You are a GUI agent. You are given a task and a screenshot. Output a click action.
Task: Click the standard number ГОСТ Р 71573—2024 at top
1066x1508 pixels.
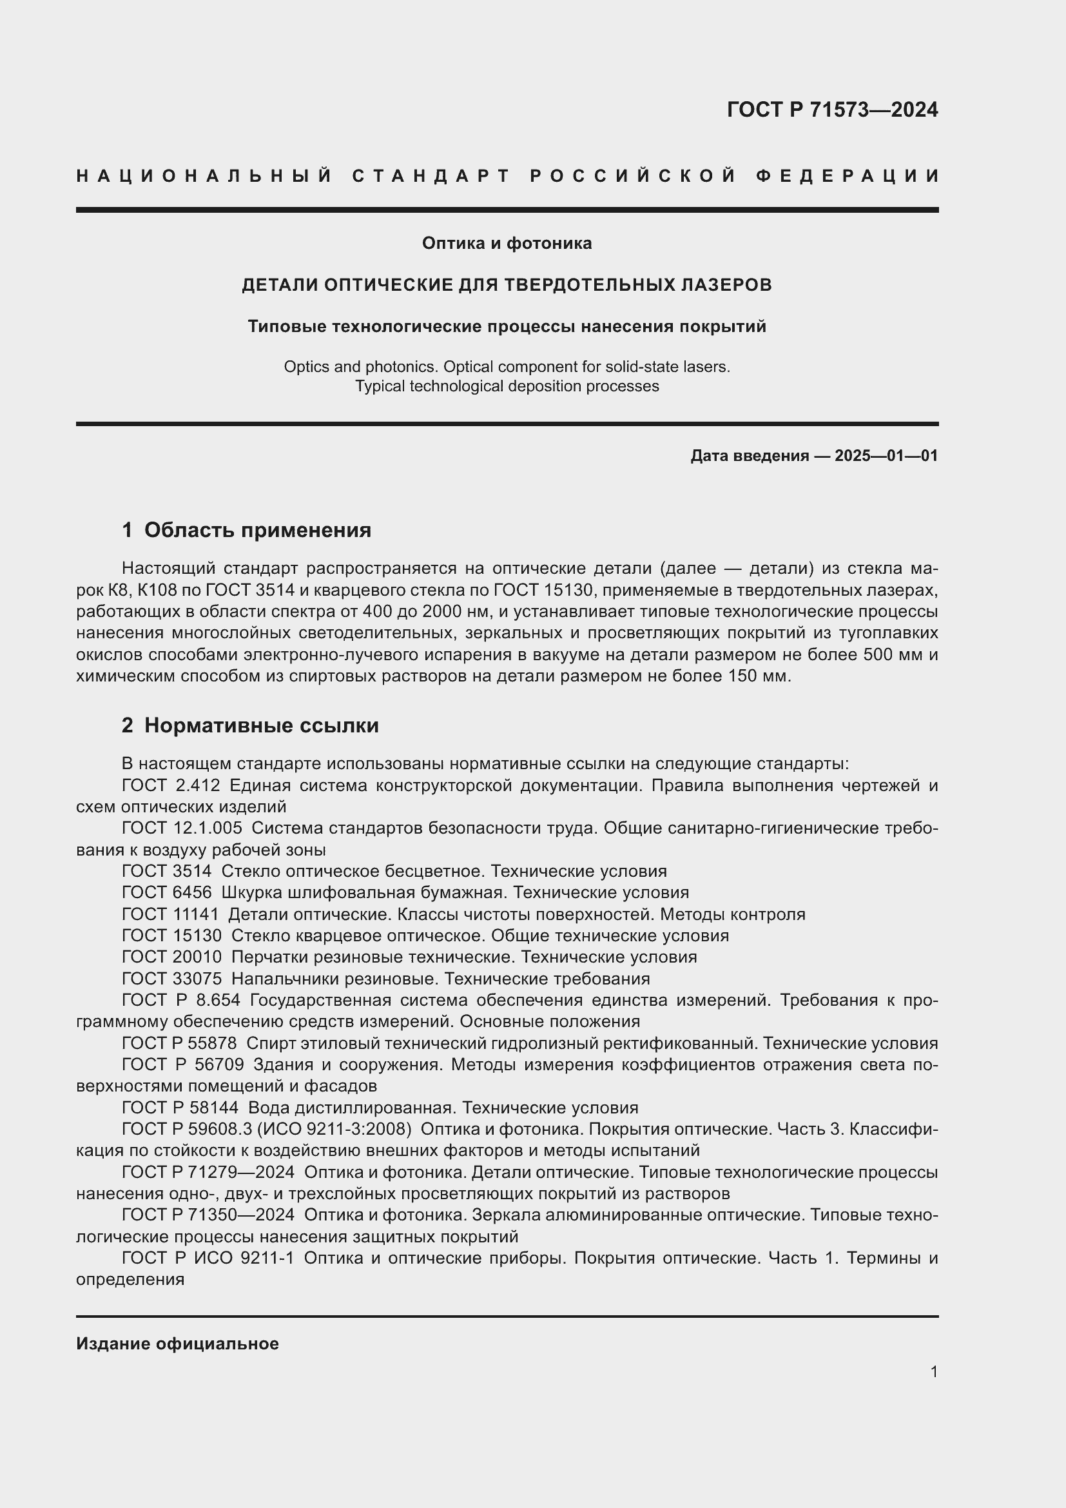click(831, 109)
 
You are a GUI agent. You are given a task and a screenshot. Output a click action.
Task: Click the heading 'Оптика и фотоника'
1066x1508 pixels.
click(507, 243)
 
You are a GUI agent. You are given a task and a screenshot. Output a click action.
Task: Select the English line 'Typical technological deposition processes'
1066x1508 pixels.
click(507, 386)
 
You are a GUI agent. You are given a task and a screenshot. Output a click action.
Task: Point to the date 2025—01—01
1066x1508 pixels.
click(886, 456)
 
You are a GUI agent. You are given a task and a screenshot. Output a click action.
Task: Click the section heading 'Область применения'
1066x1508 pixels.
click(257, 530)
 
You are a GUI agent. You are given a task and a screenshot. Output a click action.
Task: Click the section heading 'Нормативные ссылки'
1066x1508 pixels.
click(261, 725)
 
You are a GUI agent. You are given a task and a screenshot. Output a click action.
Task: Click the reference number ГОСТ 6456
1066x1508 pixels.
click(167, 892)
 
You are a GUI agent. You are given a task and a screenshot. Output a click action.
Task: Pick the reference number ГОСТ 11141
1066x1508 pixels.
click(170, 914)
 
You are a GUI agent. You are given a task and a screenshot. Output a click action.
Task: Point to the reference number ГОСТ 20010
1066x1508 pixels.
click(172, 956)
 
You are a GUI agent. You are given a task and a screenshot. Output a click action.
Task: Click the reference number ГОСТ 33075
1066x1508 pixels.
click(172, 979)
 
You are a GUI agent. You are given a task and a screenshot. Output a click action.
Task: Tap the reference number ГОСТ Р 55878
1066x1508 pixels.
click(179, 1043)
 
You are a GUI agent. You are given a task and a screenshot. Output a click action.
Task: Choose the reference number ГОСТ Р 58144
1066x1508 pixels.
click(180, 1108)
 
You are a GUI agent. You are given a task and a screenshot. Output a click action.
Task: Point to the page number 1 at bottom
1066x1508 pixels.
click(934, 1371)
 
